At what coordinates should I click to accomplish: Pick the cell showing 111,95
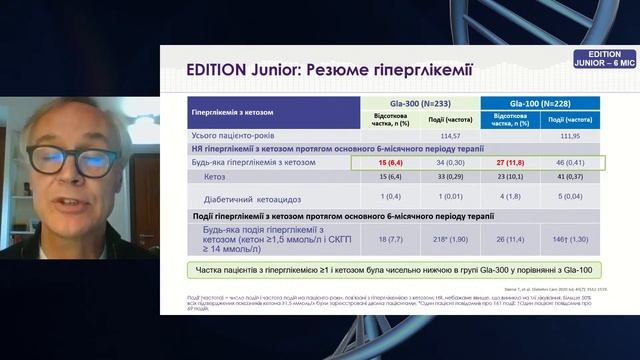coord(567,135)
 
